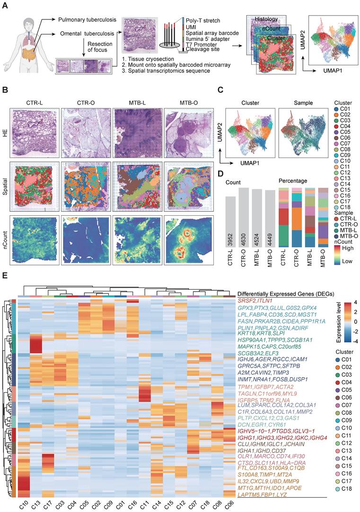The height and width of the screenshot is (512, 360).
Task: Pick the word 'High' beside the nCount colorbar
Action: (346, 247)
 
